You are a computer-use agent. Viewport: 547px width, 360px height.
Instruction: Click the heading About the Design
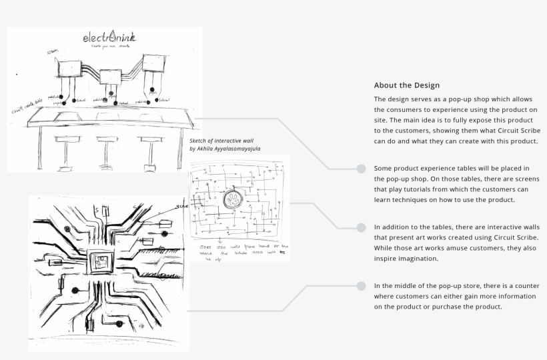tap(407, 85)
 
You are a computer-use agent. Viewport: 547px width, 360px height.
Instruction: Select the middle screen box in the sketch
tap(108, 77)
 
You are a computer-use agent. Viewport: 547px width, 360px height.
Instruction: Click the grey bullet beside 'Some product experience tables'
tap(361, 168)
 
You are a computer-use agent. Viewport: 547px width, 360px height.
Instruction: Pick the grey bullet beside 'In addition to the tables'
tap(361, 227)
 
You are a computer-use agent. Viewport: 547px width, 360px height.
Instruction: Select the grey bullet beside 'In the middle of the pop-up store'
tap(361, 285)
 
